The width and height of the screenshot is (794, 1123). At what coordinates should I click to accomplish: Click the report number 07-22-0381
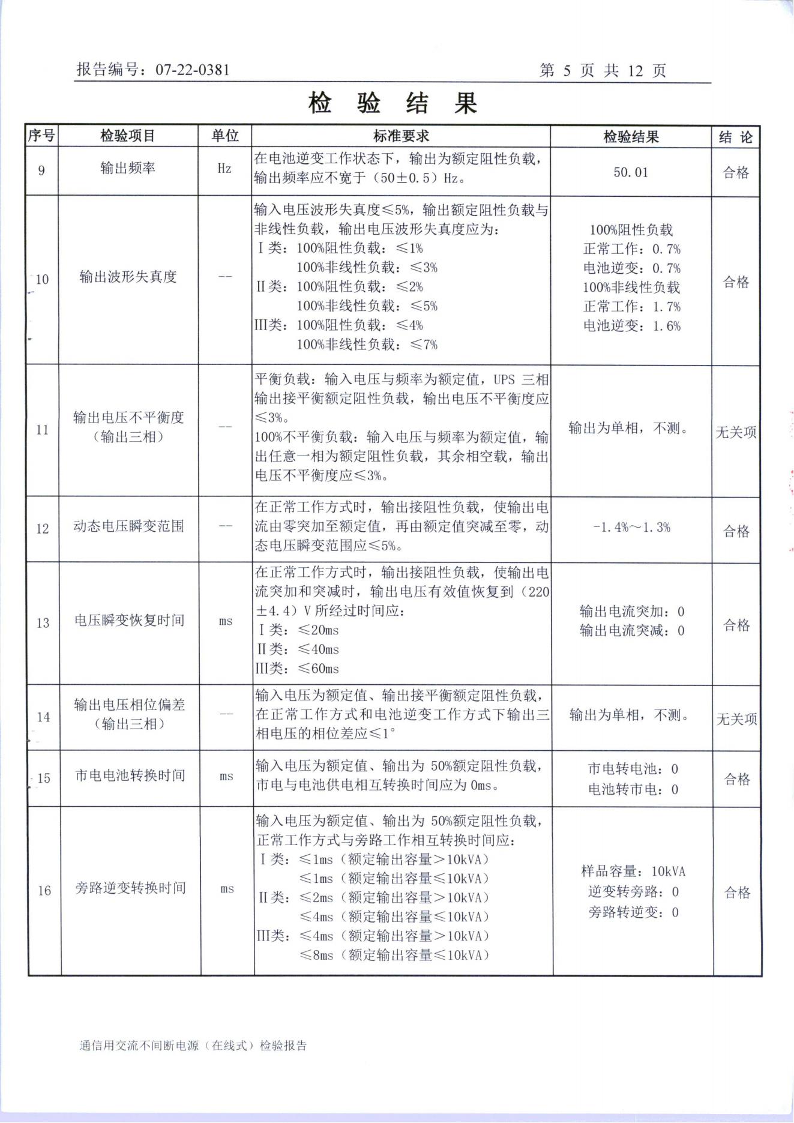point(192,70)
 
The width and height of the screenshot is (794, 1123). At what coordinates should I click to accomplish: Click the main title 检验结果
point(393,103)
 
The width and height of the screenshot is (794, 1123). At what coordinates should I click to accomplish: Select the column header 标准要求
point(401,136)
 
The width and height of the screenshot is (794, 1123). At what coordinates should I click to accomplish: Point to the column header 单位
point(224,136)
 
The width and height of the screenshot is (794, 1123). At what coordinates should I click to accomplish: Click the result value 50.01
point(631,172)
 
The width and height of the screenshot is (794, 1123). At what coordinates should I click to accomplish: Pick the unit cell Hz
point(224,169)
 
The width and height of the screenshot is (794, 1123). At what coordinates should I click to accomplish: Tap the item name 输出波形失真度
point(128,277)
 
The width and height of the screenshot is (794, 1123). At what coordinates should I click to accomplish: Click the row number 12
point(42,529)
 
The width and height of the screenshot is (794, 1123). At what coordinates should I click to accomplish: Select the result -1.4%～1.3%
point(631,528)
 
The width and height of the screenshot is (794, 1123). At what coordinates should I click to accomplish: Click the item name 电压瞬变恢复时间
point(129,621)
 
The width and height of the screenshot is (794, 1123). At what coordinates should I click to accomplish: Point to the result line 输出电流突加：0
point(631,612)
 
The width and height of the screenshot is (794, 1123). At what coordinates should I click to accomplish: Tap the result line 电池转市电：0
point(633,789)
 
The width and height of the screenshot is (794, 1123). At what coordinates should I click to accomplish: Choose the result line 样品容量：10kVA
point(633,872)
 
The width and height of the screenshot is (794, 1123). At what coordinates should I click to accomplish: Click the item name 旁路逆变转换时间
point(130,888)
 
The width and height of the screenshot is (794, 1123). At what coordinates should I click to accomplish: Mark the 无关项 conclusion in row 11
point(736,432)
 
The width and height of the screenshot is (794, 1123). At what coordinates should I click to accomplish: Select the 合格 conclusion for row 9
point(736,173)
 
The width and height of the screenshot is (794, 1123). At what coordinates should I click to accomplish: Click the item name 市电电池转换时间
point(130,775)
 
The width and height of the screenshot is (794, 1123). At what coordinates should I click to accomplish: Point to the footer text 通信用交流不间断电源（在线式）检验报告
point(193,1046)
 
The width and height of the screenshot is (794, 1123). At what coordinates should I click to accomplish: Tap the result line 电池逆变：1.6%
point(632,326)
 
